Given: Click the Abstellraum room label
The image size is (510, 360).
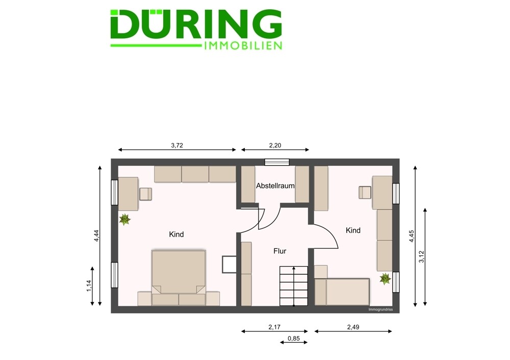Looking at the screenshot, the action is [275, 186].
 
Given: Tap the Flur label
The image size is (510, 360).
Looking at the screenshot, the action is [279, 251].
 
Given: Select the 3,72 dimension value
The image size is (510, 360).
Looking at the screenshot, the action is [177, 145].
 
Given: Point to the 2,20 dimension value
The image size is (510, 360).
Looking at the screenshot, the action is [275, 145].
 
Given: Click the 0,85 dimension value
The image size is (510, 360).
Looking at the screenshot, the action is [294, 339].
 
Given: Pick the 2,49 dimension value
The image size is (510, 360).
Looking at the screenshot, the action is [353, 327].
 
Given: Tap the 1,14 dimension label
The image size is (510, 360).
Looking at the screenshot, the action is [89, 286].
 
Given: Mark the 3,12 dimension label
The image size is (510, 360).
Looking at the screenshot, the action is [422, 256].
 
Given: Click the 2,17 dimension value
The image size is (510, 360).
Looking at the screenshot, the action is [274, 327].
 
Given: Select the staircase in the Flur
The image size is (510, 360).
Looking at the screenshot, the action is [294, 286].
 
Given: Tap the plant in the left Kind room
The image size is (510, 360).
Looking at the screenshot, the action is [124, 219].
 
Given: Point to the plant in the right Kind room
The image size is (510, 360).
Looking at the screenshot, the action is [385, 279].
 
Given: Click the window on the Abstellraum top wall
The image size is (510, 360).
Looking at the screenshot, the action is [277, 162].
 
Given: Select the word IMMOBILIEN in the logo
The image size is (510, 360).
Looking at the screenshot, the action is [243, 46].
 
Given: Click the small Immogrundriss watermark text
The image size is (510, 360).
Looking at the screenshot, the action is [380, 310].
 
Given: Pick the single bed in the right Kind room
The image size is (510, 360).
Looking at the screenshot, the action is [342, 292].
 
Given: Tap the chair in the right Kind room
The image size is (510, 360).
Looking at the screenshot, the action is [365, 192].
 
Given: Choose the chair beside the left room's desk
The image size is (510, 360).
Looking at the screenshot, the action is [146, 194].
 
